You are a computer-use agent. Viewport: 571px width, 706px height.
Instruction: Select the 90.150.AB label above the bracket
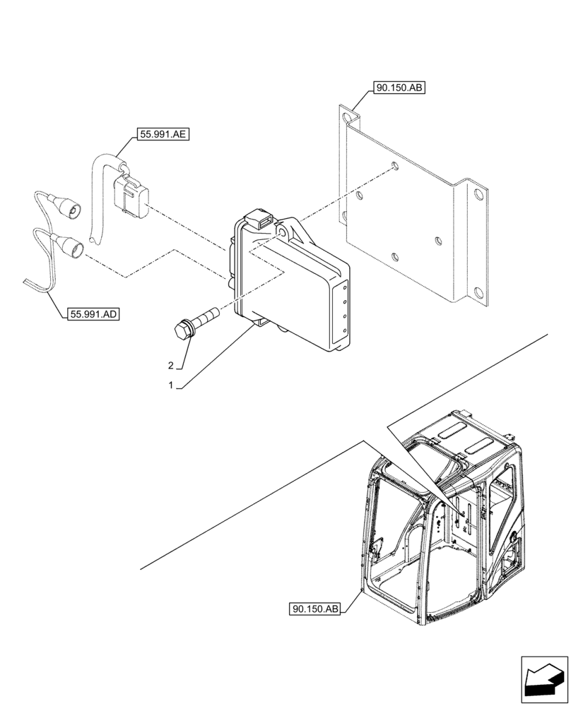pos(400,88)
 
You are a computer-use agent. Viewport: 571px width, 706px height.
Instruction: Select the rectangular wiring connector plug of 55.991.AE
pos(129,196)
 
